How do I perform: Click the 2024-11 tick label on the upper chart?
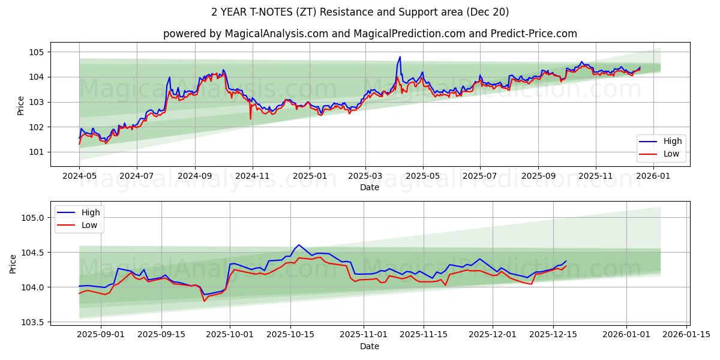pos(252,177)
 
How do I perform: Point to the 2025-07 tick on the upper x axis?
pos(480,177)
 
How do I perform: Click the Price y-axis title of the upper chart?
pos(21,106)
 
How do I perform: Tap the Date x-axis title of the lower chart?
pos(370,346)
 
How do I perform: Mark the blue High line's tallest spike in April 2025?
pos(400,57)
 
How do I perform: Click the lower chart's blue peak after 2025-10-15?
pos(299,245)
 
